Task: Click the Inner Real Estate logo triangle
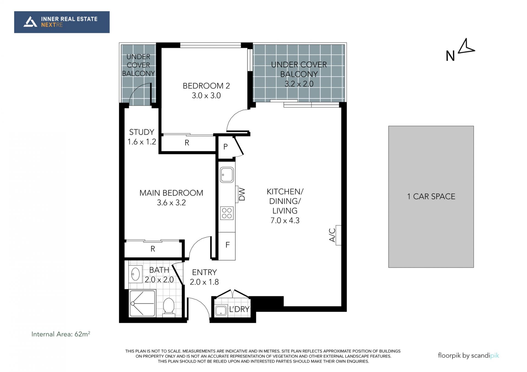point(30,22)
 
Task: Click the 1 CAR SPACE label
point(431,196)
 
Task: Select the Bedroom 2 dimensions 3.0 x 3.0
point(206,95)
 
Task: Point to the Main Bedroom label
point(171,193)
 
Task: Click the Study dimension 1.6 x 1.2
point(142,142)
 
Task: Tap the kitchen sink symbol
point(227,175)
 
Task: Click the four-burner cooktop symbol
point(227,213)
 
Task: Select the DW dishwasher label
point(242,194)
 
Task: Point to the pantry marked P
point(225,147)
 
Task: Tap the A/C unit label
point(332,235)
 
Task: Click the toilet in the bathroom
point(169,306)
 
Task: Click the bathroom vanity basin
point(136,274)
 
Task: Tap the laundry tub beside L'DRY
point(221,311)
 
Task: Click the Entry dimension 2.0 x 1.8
point(204,282)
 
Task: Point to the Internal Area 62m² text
point(61,334)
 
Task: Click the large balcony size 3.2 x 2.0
point(299,84)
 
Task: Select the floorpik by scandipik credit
point(468,356)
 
